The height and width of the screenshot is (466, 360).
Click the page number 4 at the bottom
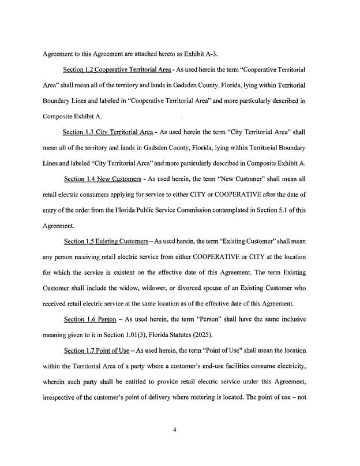pos(181,427)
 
